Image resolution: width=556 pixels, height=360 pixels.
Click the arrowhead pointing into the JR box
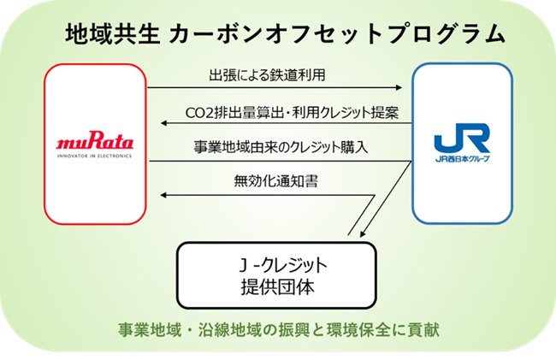point(399,88)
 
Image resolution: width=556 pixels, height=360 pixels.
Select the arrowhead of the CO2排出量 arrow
point(157,126)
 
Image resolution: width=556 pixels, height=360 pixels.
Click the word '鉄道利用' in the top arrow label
point(299,75)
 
